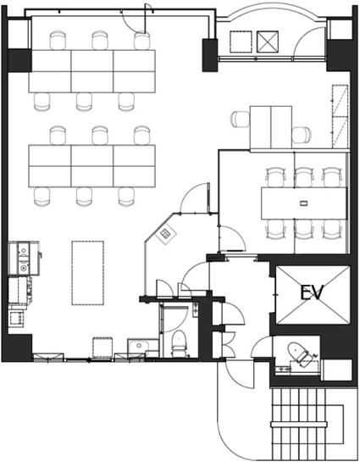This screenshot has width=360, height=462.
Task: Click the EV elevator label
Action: [312, 292]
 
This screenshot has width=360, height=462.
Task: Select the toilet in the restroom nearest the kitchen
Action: [179, 342]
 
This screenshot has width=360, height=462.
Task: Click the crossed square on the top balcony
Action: [268, 42]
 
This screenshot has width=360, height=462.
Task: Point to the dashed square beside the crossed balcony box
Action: [241, 42]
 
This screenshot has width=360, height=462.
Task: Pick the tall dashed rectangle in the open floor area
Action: [88, 273]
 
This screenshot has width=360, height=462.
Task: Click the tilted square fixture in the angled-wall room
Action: [166, 234]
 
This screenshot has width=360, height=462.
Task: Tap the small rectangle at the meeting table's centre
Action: [303, 203]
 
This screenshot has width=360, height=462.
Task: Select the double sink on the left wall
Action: [23, 259]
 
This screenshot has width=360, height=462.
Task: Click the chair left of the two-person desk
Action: [241, 120]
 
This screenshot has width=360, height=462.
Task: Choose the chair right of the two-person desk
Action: [302, 134]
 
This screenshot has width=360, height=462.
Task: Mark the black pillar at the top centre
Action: [210, 55]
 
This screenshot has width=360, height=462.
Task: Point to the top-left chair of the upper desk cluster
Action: [58, 41]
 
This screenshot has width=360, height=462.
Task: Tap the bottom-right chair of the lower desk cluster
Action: [126, 197]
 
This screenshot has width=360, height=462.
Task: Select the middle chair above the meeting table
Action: [304, 177]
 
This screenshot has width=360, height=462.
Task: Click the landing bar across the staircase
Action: [299, 425]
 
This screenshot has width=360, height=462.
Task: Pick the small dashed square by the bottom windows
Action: [102, 348]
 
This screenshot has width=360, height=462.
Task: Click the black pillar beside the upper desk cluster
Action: [19, 61]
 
